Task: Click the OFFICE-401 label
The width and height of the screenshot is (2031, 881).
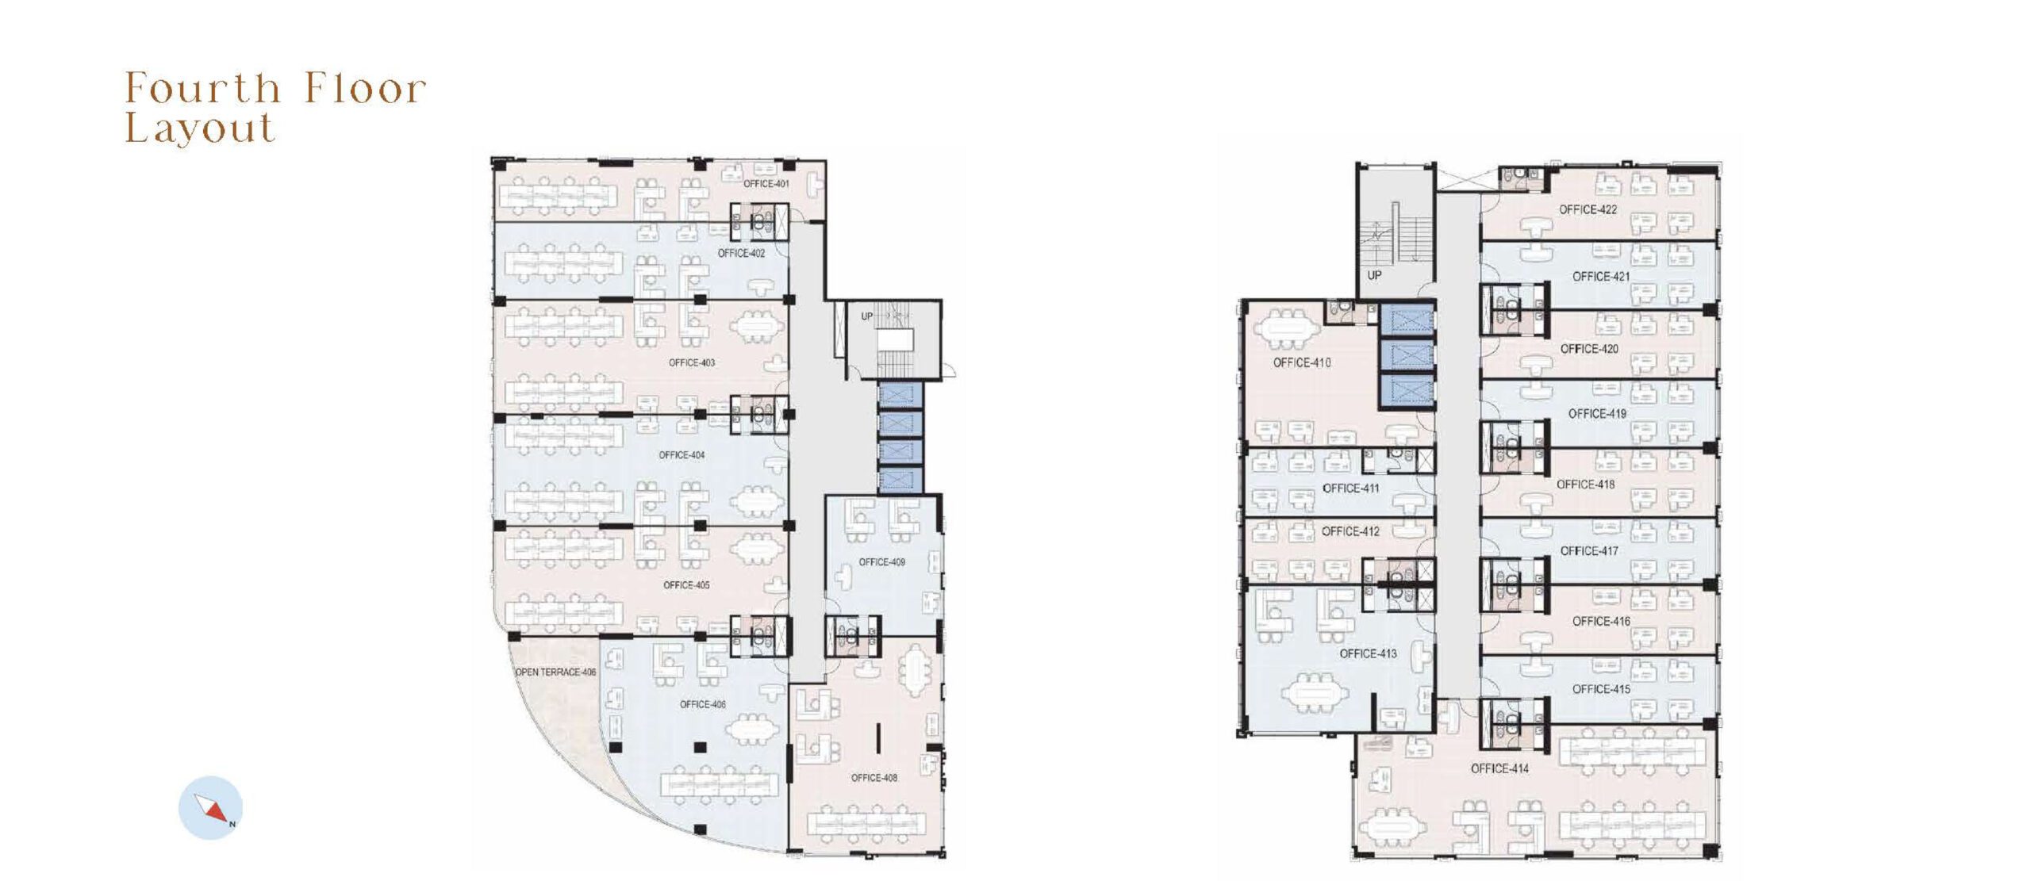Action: pyautogui.click(x=766, y=184)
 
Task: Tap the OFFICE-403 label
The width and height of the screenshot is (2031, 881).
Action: pyautogui.click(x=692, y=363)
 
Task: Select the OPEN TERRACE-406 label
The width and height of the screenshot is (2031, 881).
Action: pyautogui.click(x=555, y=672)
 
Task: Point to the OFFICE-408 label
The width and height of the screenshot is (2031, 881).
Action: pyautogui.click(x=874, y=778)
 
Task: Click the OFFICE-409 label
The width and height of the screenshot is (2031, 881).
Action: pyautogui.click(x=881, y=562)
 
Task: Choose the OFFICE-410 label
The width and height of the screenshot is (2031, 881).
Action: pyautogui.click(x=1302, y=363)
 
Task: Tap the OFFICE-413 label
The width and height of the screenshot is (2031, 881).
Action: pyautogui.click(x=1369, y=654)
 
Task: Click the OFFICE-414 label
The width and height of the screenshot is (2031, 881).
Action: pyautogui.click(x=1499, y=769)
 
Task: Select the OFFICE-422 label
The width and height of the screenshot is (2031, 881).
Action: pyautogui.click(x=1588, y=210)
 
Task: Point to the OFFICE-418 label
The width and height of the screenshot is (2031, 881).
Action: pyautogui.click(x=1586, y=485)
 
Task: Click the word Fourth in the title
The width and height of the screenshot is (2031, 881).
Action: pyautogui.click(x=203, y=88)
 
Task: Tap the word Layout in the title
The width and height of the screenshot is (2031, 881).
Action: pyautogui.click(x=200, y=128)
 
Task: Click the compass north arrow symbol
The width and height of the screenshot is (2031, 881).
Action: pyautogui.click(x=211, y=808)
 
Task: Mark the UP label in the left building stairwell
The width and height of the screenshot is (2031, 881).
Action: pyautogui.click(x=867, y=316)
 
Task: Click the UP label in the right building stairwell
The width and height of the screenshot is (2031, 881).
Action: pyautogui.click(x=1375, y=276)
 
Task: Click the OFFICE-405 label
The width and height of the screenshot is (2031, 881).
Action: pyautogui.click(x=686, y=585)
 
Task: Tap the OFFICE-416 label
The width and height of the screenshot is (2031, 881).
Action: pyautogui.click(x=1602, y=622)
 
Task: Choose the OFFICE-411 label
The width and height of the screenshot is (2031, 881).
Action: pyautogui.click(x=1351, y=488)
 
